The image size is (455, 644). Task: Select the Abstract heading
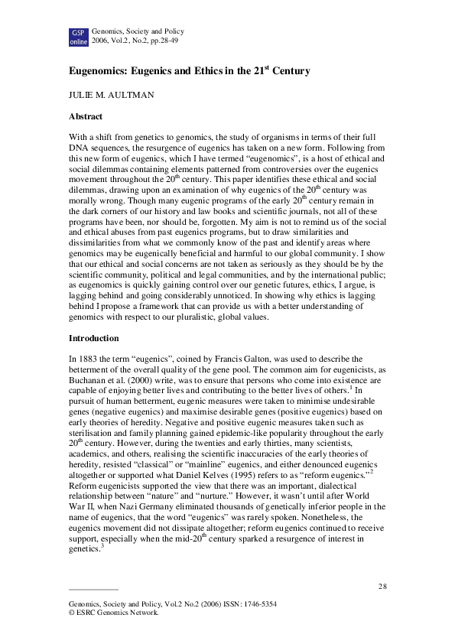[86, 116]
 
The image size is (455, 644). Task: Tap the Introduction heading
[94, 337]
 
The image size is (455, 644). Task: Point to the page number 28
[382, 586]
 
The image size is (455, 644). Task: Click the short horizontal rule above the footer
[93, 590]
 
